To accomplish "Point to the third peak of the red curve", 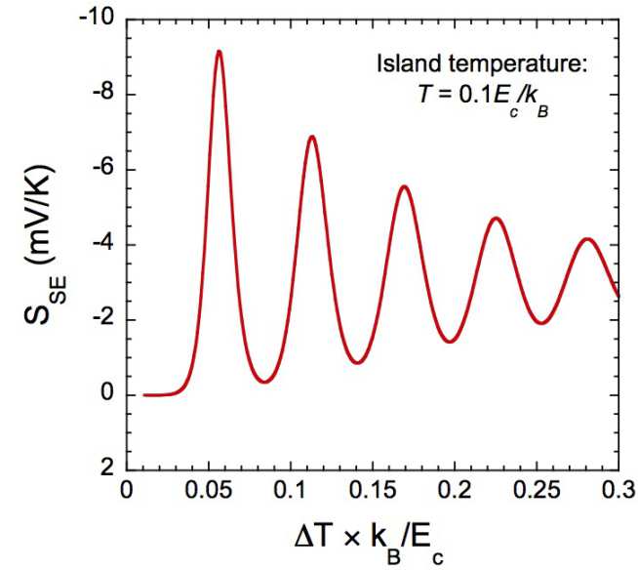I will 404,185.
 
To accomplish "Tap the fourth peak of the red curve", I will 497,218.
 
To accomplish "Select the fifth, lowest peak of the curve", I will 587,238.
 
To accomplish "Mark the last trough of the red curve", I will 542,322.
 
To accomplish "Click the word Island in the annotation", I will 403,65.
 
